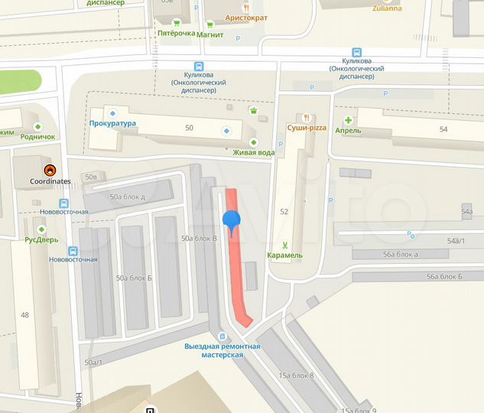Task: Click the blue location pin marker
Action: pyautogui.click(x=231, y=221)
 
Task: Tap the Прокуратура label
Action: pyautogui.click(x=112, y=123)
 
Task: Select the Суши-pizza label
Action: pyautogui.click(x=307, y=128)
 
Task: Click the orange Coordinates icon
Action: pyautogui.click(x=50, y=170)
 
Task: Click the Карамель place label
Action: pyautogui.click(x=285, y=255)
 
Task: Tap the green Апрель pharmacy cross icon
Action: pyautogui.click(x=348, y=120)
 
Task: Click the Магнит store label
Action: pyautogui.click(x=210, y=34)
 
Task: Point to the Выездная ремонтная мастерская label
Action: pyautogui.click(x=223, y=350)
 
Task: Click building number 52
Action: pyautogui.click(x=284, y=211)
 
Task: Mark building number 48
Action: pyautogui.click(x=24, y=315)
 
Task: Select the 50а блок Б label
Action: pyautogui.click(x=134, y=278)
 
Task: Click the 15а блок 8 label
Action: pyautogui.click(x=296, y=375)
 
